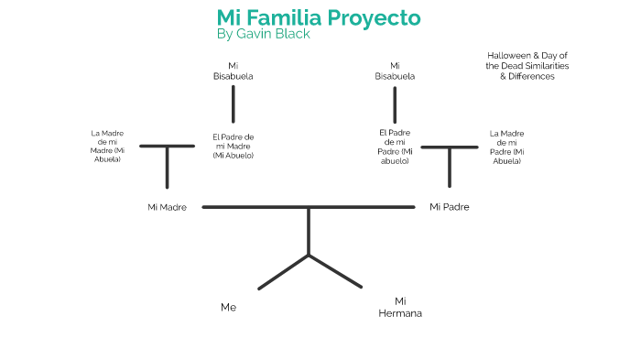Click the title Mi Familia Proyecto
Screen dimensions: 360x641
click(x=319, y=17)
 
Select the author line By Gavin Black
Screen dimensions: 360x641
click(x=264, y=35)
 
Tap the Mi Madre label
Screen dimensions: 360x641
click(x=167, y=207)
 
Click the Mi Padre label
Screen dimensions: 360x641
click(x=450, y=207)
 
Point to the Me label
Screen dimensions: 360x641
click(x=228, y=308)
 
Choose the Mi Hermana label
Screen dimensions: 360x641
click(x=400, y=307)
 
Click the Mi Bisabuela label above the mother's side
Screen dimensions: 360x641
click(x=234, y=71)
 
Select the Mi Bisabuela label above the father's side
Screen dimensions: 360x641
click(x=395, y=71)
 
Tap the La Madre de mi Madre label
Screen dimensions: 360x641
click(x=107, y=147)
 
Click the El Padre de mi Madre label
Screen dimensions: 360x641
click(x=233, y=147)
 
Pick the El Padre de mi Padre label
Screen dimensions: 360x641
click(x=395, y=147)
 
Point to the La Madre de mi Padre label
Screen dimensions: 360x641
click(x=506, y=147)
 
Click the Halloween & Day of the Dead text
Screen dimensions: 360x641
click(x=527, y=66)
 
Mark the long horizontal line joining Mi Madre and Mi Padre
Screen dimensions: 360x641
click(x=256, y=207)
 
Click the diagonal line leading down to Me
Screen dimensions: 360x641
click(x=284, y=272)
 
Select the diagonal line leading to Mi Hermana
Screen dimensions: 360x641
click(x=336, y=272)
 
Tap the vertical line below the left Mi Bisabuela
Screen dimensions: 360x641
click(x=234, y=104)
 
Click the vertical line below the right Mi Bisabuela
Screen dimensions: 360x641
click(x=395, y=104)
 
